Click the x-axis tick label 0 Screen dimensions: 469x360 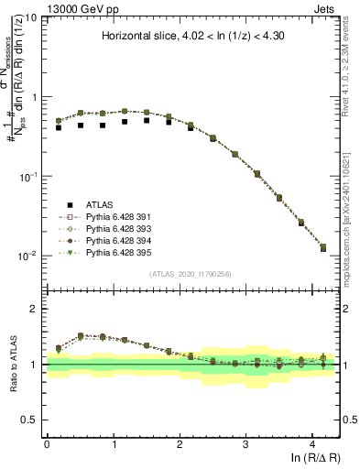[x=47, y=443]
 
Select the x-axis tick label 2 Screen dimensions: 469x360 [x=180, y=443]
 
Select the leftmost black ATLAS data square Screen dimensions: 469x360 [x=59, y=127]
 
